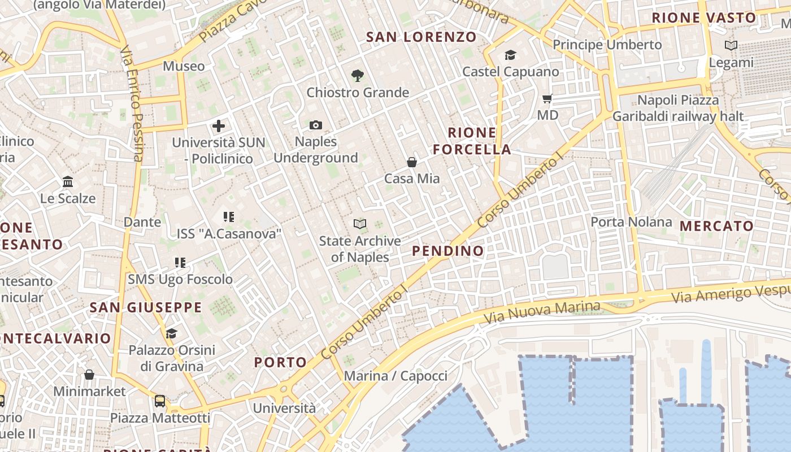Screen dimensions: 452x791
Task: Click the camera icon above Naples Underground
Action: [x=316, y=125]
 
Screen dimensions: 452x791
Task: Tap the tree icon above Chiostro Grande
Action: [x=357, y=75]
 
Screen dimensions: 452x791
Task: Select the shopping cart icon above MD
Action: [x=547, y=99]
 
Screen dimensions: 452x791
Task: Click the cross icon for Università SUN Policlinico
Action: [x=219, y=126]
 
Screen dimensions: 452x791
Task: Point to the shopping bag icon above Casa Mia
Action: [x=412, y=162]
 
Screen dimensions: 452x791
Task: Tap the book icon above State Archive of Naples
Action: [x=360, y=224]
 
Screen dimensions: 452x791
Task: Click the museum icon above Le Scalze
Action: [x=68, y=182]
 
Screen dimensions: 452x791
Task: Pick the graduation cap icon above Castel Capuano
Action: [x=510, y=55]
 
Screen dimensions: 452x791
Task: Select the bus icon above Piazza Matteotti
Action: [x=160, y=401]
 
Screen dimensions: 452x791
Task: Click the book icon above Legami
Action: [x=731, y=46]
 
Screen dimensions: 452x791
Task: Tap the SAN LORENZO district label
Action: [x=421, y=37]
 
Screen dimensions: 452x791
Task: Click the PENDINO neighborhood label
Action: [x=448, y=251]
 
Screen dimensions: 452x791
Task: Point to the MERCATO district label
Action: [x=716, y=226]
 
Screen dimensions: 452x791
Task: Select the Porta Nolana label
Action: [x=631, y=221]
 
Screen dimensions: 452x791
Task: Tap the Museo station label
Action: [x=184, y=66]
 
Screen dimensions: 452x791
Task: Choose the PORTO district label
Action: [x=280, y=362]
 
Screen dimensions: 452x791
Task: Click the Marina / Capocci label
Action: [x=395, y=376]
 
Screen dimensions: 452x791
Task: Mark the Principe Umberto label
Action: [x=607, y=44]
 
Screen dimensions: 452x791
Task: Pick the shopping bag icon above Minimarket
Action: [x=89, y=375]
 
